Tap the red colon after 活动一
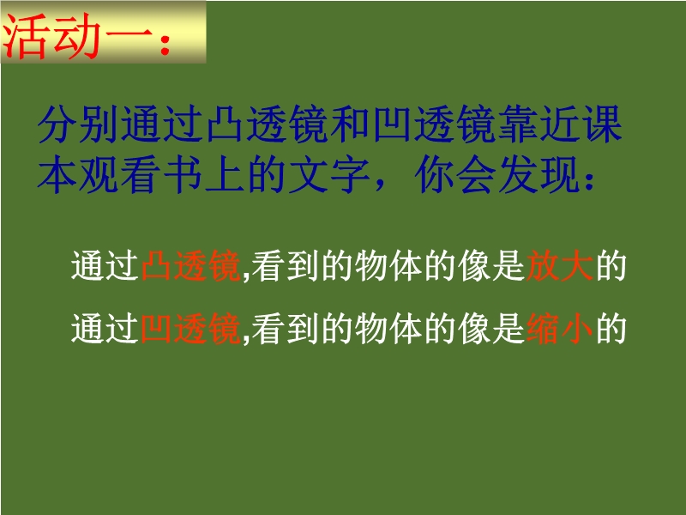[165, 45]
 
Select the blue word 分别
[79, 124]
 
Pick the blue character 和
[352, 124]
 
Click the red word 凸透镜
[190, 266]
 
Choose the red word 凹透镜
[190, 329]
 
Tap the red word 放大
[560, 266]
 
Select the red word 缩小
[560, 329]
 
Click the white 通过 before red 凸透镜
[105, 266]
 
